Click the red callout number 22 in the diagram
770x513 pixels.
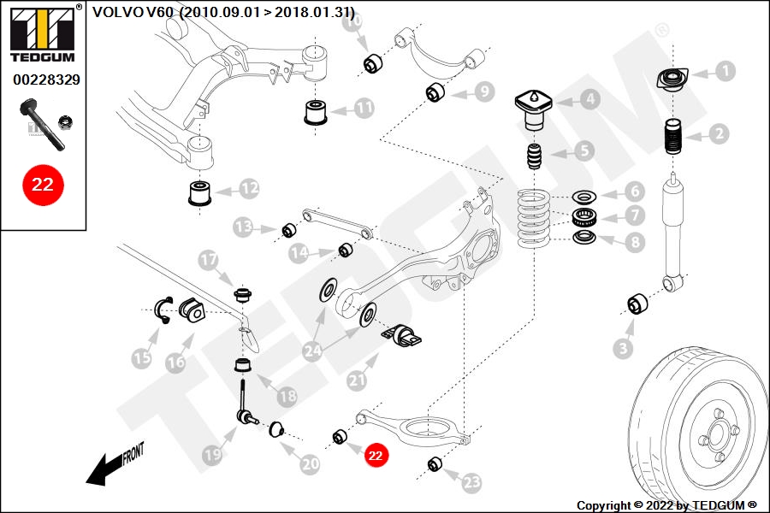375,456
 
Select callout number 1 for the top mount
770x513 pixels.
725,71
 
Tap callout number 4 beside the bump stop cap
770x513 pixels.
590,99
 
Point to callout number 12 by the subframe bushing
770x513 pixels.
249,186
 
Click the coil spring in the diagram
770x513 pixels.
537,217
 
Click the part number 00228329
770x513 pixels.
46,80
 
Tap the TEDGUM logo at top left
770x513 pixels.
41,35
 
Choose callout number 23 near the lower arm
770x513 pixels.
471,483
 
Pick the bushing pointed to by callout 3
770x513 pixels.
637,303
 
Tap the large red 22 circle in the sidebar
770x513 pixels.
43,185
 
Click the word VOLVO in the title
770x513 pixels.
112,12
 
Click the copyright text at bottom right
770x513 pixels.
666,505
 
